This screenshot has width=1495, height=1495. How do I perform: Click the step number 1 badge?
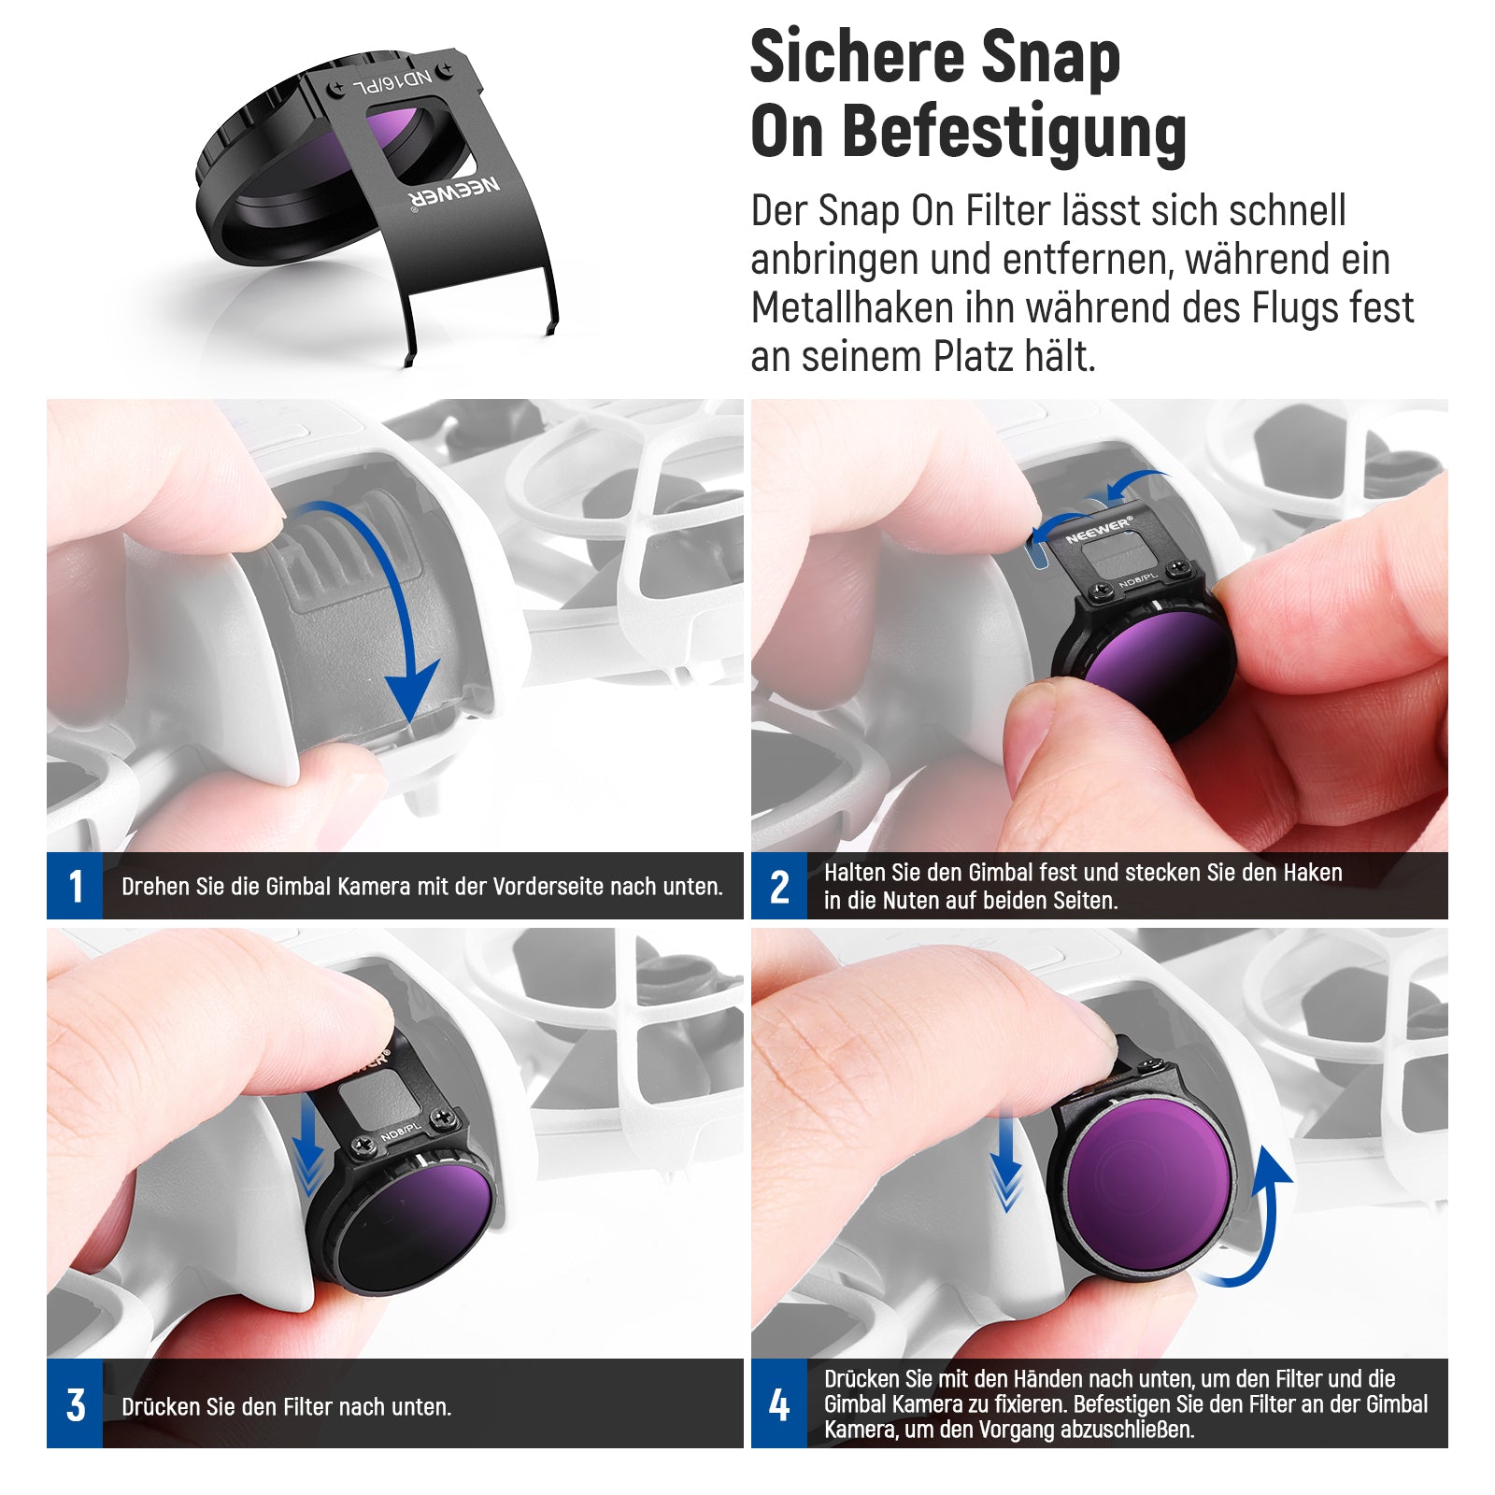tap(75, 886)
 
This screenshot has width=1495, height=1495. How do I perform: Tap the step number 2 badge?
tap(779, 886)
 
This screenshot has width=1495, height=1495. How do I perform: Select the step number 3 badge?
tap(75, 1404)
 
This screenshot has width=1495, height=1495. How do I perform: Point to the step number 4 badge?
tap(779, 1404)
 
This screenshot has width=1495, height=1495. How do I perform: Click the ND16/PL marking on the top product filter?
tap(392, 84)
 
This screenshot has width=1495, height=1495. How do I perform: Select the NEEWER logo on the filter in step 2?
tap(1099, 530)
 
